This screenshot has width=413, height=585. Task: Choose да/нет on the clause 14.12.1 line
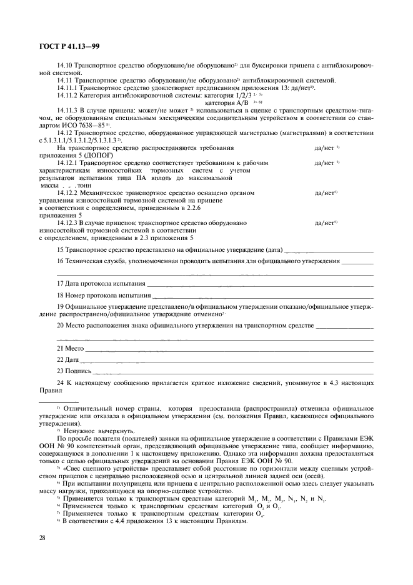[326, 162]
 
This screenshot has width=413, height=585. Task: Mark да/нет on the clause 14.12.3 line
[326, 222]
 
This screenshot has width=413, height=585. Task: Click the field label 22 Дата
[67, 360]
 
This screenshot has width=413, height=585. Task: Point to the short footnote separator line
[59, 402]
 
